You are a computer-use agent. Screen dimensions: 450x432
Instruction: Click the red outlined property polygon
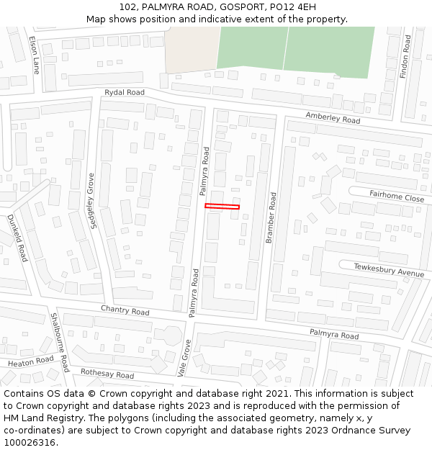222,207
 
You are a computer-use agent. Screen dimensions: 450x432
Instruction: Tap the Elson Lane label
35,55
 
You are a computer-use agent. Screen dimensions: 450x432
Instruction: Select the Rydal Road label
125,92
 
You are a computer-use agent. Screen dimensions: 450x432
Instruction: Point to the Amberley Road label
333,118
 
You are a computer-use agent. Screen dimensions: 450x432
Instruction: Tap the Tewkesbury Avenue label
389,270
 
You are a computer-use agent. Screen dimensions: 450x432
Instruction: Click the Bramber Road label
271,217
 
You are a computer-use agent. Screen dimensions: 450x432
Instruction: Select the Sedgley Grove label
91,201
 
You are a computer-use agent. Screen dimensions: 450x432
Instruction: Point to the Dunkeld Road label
17,238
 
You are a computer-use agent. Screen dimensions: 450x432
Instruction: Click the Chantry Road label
125,311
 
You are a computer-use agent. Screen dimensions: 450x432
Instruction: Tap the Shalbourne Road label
59,342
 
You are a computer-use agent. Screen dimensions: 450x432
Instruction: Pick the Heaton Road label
31,361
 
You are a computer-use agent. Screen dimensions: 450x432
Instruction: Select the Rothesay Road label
107,374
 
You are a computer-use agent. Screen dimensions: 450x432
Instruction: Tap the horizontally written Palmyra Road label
334,335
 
